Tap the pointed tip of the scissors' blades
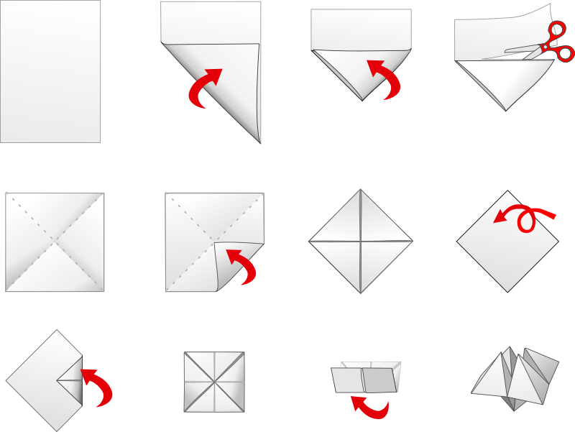tap(506, 51)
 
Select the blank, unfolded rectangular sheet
tap(50, 71)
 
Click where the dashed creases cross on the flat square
tap(55, 242)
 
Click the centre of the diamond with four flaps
tap(360, 241)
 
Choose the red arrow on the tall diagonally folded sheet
tap(206, 88)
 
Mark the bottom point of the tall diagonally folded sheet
tap(259, 142)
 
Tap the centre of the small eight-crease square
tap(214, 382)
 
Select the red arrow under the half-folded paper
tap(369, 408)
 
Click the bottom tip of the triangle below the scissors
tap(507, 110)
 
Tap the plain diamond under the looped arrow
tap(507, 248)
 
